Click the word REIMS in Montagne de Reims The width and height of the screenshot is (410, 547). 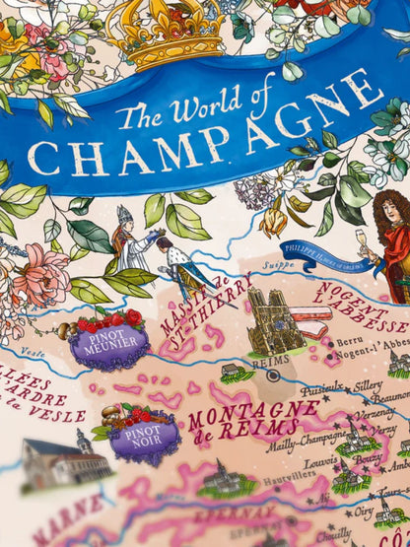pyautogui.click(x=240, y=429)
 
